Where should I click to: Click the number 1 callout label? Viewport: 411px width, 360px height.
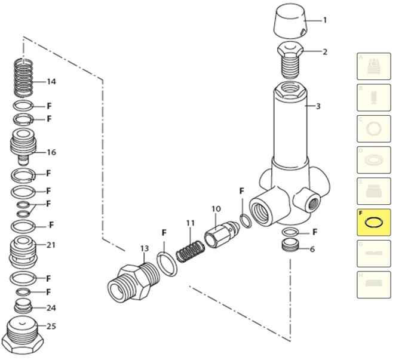325,20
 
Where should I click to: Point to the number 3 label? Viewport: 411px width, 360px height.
318,107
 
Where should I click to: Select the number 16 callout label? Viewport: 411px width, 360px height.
51,152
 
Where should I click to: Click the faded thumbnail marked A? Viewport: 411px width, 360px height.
373,66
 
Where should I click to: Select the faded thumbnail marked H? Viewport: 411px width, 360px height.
373,285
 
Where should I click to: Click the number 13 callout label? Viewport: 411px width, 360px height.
144,248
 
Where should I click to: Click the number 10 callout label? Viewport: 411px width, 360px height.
216,209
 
